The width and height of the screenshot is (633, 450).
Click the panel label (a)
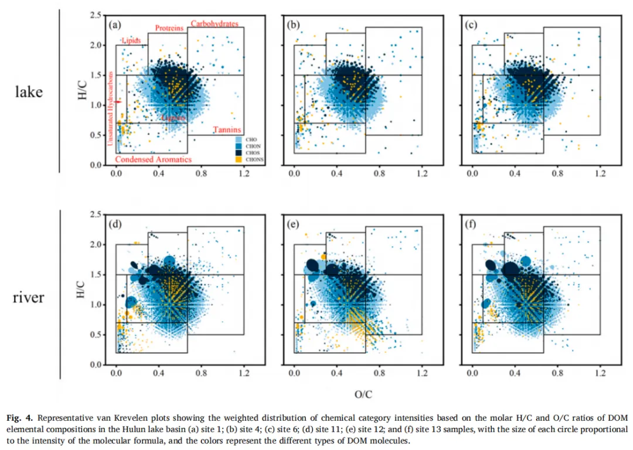(x=114, y=25)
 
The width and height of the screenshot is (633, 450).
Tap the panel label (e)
(x=293, y=224)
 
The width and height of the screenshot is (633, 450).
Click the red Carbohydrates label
(x=214, y=24)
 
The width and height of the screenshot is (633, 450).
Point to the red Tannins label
(x=224, y=129)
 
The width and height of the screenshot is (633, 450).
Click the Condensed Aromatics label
(x=152, y=159)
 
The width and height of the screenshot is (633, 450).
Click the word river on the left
(x=28, y=298)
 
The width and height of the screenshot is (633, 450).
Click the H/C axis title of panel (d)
(x=81, y=289)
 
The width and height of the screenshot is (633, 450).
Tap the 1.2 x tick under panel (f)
(x=600, y=373)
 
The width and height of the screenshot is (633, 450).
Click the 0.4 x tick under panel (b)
(x=336, y=174)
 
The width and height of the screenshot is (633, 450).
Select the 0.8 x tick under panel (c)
(x=557, y=174)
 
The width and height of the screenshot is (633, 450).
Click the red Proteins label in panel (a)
(x=169, y=28)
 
